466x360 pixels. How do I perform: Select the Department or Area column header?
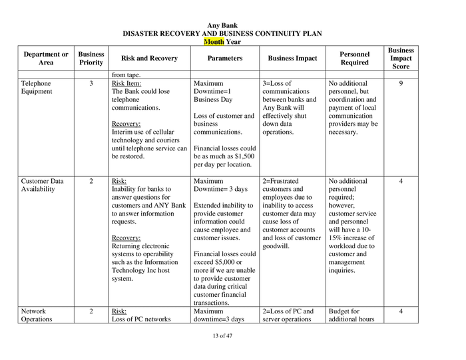click(x=46, y=58)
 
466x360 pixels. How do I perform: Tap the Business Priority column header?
click(x=91, y=58)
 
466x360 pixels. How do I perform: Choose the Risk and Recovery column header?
click(x=149, y=58)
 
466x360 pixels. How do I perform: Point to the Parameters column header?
click(x=224, y=58)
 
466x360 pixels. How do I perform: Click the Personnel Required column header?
click(x=354, y=58)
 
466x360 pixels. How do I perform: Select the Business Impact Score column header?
click(x=401, y=58)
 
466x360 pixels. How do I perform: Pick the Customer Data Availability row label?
click(x=43, y=184)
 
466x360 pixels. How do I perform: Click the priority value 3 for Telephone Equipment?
click(x=91, y=84)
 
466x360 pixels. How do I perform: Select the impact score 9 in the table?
click(x=401, y=84)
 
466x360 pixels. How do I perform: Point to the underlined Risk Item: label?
click(x=126, y=84)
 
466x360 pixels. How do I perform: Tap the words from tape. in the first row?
click(x=126, y=75)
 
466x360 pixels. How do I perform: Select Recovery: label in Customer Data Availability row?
click(x=125, y=237)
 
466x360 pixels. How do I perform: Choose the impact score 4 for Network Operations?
click(x=401, y=311)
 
